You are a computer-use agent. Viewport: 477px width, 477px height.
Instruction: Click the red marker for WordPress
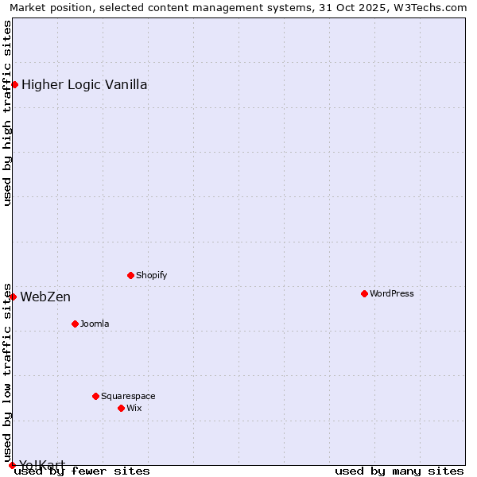pos(364,293)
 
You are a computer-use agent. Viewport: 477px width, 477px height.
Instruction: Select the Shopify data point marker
pos(130,275)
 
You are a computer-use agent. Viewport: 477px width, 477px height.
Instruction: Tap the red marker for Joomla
pos(75,324)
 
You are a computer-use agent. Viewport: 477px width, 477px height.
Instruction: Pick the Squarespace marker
pos(95,396)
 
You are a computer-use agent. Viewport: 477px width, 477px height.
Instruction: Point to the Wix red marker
pos(121,408)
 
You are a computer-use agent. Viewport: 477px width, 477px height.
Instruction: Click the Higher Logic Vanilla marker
pos(14,84)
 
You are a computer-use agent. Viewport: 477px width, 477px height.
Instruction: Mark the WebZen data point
pos(13,297)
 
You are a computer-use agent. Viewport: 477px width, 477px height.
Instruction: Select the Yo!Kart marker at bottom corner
pos(12,465)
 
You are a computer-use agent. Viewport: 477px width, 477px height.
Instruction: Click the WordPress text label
pos(392,293)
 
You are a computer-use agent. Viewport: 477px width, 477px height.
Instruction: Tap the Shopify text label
pos(151,275)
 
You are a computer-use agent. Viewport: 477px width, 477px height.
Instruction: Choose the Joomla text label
pos(95,324)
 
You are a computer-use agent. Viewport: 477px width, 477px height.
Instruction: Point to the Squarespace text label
pos(128,396)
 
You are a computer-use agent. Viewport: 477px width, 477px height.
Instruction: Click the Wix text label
pos(134,408)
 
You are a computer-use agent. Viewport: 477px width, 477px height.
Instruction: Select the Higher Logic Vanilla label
pos(84,84)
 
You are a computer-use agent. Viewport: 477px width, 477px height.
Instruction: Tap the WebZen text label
pos(45,297)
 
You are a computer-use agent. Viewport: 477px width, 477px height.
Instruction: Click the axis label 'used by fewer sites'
pos(82,471)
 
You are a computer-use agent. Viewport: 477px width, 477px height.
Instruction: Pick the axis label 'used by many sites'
pos(399,471)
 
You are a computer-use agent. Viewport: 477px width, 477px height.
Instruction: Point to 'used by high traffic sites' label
pos(7,113)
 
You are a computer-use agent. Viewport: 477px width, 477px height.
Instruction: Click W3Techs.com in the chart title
pos(428,7)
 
